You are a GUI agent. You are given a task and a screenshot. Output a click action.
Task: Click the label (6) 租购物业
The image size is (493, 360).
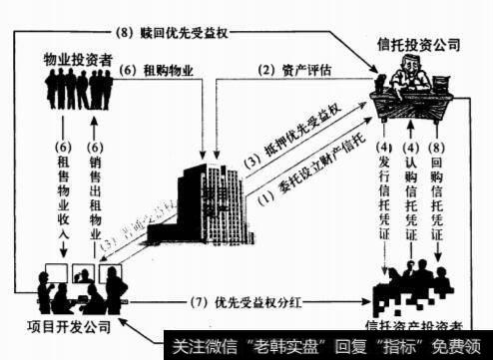coord(154,71)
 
